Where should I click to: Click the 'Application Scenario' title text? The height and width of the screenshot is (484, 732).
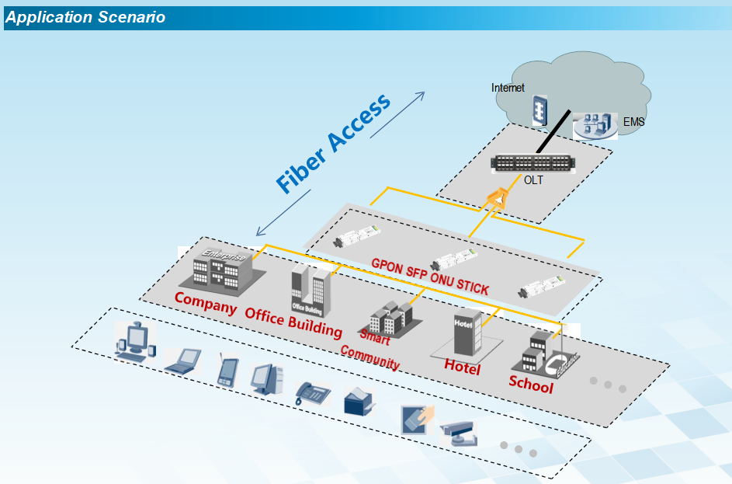pyautogui.click(x=85, y=17)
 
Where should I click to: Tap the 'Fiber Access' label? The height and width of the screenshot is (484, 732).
pyautogui.click(x=334, y=145)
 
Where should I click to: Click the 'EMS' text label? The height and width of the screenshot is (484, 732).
pyautogui.click(x=633, y=122)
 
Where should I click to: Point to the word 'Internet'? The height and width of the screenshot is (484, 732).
pyautogui.click(x=508, y=88)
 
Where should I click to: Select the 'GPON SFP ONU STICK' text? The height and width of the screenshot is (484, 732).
pyautogui.click(x=431, y=276)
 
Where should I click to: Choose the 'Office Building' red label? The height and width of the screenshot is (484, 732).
pyautogui.click(x=293, y=322)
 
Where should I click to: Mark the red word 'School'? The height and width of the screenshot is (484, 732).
pyautogui.click(x=531, y=384)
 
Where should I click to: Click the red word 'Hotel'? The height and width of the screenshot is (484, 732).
pyautogui.click(x=462, y=367)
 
